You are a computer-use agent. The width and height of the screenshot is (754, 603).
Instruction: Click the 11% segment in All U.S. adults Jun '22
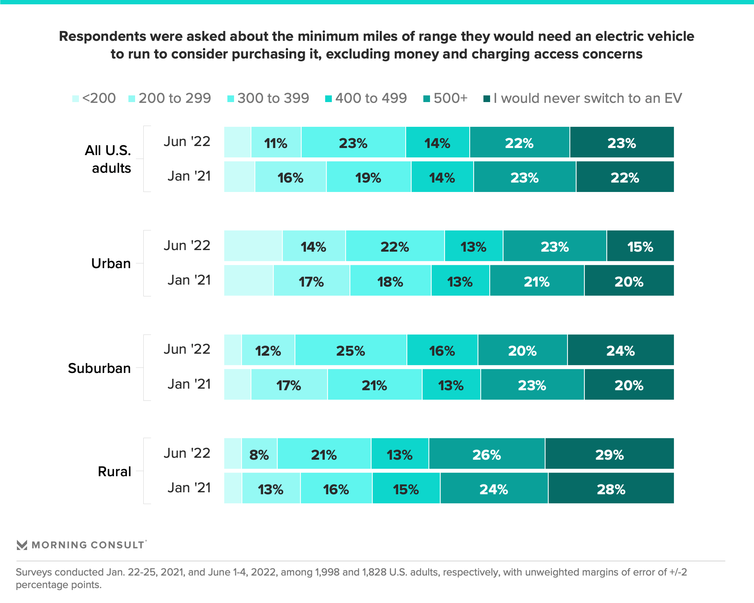tap(276, 142)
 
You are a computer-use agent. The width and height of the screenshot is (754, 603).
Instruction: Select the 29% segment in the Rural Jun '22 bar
tap(609, 453)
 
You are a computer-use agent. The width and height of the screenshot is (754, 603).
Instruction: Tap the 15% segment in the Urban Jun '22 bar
tap(641, 246)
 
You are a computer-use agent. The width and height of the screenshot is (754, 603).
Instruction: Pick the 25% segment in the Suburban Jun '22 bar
tap(351, 350)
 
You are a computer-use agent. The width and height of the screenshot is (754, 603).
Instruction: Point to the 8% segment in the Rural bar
tap(260, 453)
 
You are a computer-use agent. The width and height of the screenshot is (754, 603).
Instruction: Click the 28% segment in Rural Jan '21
tap(611, 488)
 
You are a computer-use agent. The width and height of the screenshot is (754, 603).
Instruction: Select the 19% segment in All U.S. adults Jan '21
tap(369, 177)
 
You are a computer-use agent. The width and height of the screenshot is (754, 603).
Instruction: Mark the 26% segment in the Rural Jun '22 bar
tap(487, 453)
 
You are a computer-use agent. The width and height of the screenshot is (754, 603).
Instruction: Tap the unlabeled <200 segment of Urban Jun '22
tap(253, 246)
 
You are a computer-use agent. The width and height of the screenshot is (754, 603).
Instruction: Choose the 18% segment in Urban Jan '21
tap(391, 280)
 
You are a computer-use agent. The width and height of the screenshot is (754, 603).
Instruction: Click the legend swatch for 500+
tap(426, 99)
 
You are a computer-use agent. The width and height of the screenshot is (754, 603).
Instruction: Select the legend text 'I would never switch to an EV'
tap(588, 98)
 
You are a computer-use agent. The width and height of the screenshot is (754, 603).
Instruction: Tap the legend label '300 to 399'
tap(273, 98)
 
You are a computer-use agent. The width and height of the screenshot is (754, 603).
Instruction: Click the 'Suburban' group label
tap(99, 368)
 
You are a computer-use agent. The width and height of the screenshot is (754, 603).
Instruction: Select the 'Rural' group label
tap(114, 471)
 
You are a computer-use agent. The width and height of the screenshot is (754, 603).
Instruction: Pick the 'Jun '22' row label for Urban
tap(187, 245)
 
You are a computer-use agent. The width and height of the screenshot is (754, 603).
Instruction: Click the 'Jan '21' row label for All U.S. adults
tap(189, 176)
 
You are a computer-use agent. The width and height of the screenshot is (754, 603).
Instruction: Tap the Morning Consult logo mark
tap(22, 545)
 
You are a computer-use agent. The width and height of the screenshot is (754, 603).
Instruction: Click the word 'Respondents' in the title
tap(103, 37)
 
